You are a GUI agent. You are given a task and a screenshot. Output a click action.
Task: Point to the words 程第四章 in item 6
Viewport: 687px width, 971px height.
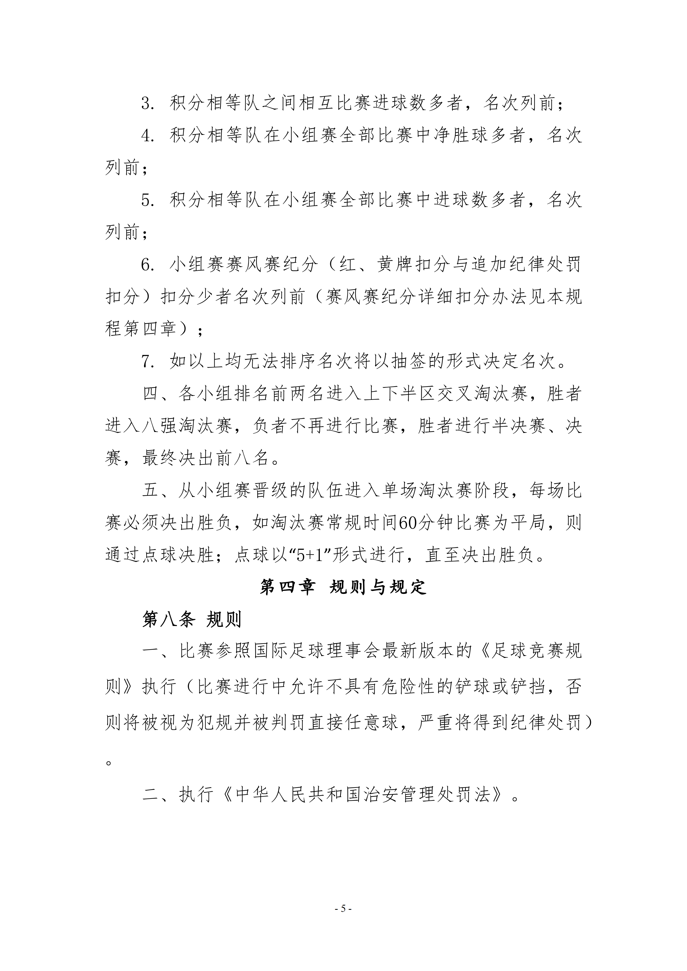click(141, 329)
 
